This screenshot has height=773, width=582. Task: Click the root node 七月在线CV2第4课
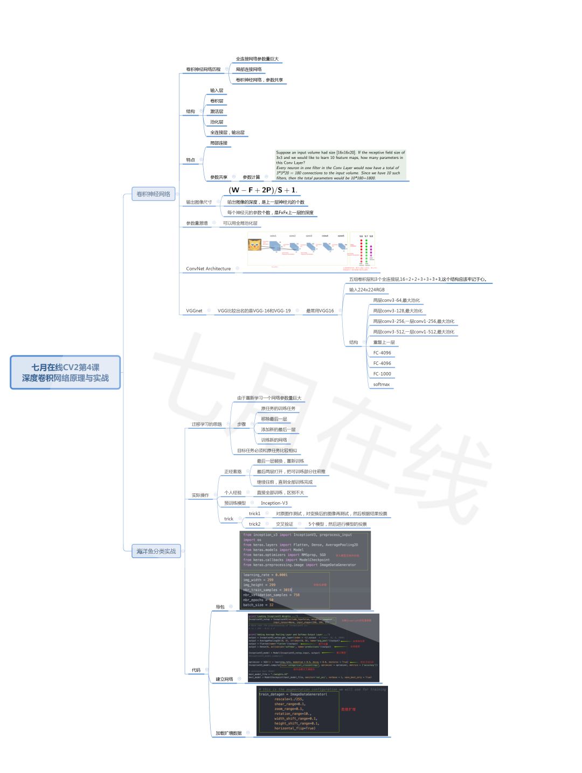coord(65,372)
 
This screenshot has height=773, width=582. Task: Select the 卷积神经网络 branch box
coord(154,194)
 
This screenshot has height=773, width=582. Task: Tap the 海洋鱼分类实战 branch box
coord(156,551)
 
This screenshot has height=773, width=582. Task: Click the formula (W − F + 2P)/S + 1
coord(262,190)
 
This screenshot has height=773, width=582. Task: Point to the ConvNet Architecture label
coord(208,269)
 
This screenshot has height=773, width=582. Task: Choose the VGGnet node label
coord(194,311)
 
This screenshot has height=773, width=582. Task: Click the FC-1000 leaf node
coord(382,374)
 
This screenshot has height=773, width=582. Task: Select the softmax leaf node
coord(382,385)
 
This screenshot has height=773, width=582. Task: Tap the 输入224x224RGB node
coord(366,290)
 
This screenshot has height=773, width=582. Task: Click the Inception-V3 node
coord(274,503)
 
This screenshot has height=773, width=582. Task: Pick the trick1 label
coord(254,514)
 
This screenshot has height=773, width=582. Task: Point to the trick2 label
coord(254,524)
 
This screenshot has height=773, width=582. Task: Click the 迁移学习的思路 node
coord(206,424)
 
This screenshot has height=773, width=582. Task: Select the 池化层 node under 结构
coord(217,122)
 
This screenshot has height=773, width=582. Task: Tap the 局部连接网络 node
coord(248,69)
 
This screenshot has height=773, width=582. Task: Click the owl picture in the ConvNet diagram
coord(254,245)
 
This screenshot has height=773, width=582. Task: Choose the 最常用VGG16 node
coord(320,311)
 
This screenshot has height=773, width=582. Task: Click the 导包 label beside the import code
coord(220,607)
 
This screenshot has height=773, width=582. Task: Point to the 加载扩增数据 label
coord(228,733)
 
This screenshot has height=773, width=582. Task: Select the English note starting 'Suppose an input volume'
coord(340,165)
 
